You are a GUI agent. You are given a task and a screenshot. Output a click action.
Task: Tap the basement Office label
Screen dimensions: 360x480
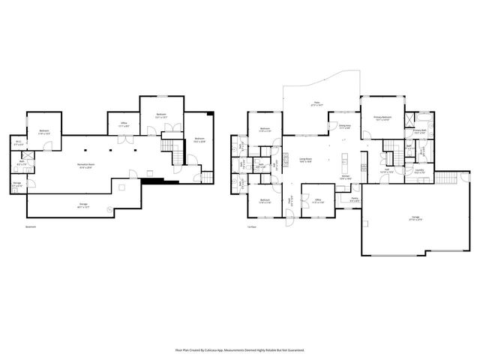tap(124, 125)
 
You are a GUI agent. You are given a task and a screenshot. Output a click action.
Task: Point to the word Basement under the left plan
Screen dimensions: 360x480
tap(30, 226)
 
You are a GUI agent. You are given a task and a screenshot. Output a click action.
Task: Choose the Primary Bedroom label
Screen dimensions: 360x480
tap(383, 118)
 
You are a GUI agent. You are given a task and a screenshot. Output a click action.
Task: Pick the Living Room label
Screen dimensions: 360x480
tap(306, 160)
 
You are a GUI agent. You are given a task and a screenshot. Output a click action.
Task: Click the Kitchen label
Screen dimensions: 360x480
tap(345, 178)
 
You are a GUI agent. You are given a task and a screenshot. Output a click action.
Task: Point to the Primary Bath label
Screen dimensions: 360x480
tap(419, 131)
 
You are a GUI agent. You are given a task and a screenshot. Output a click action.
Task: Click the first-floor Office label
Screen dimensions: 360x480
tap(318, 200)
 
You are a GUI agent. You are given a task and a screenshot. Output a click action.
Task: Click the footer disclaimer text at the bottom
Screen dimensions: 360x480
tap(240, 349)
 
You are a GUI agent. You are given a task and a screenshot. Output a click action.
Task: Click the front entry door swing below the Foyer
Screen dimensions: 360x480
tap(289, 218)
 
